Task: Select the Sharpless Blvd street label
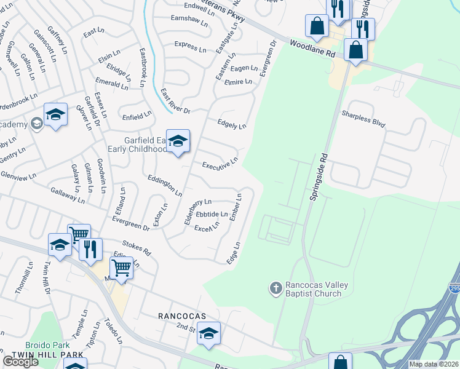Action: pyautogui.click(x=363, y=119)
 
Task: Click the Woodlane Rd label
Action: pyautogui.click(x=314, y=50)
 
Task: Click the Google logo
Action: pyautogui.click(x=20, y=362)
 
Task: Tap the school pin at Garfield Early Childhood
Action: pyautogui.click(x=178, y=141)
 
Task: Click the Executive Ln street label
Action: pyautogui.click(x=220, y=165)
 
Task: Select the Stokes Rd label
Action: pyautogui.click(x=137, y=248)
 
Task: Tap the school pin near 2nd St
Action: pyautogui.click(x=209, y=334)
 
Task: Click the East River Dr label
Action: pyautogui.click(x=175, y=102)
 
